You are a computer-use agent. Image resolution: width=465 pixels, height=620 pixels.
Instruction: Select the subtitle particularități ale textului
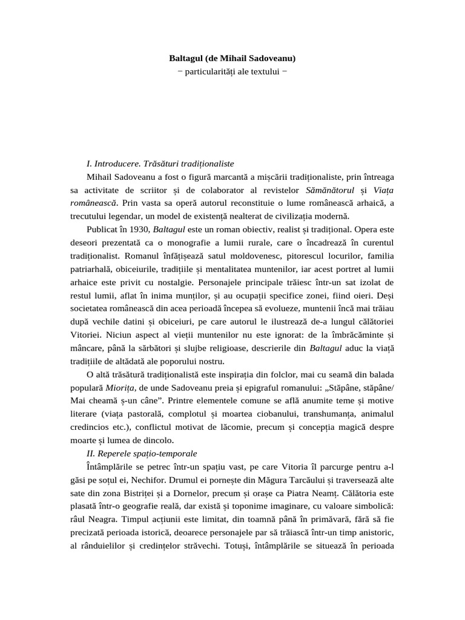[232, 71]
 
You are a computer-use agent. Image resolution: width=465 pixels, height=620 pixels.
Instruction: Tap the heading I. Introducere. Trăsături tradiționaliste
[160, 163]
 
